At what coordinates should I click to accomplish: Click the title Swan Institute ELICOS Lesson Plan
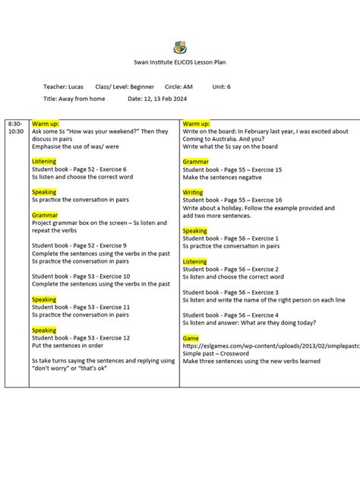180,63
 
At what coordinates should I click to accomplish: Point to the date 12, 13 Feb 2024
159,99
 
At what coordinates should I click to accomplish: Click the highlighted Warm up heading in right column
197,123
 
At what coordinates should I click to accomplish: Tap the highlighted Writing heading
193,193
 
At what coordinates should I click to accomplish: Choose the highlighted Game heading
191,336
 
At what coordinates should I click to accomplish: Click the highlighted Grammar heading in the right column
195,162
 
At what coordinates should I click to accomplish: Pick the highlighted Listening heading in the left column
44,162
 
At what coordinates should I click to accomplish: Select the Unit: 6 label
221,87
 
